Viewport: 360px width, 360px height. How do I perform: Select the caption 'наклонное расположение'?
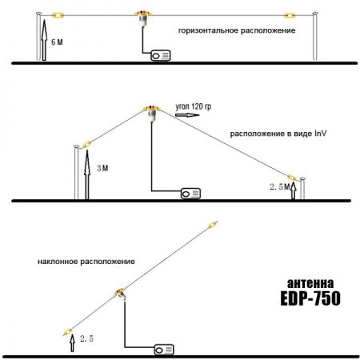coord(86,262)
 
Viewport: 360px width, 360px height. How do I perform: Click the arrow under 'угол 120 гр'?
coord(185,115)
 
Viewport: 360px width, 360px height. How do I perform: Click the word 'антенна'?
coord(311,282)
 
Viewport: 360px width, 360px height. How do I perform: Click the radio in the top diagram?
coord(160,55)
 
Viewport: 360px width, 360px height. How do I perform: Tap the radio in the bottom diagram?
coord(165,349)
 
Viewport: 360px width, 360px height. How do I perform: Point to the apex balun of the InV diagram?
coord(149,108)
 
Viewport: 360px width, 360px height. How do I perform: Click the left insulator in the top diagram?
coord(58,14)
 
